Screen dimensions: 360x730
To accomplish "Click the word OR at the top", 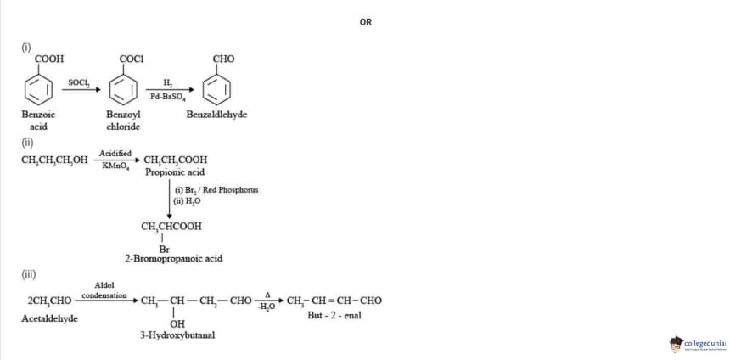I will click(x=366, y=22).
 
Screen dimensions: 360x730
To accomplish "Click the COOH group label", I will click(x=49, y=59).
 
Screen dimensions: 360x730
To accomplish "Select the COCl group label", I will click(x=132, y=59).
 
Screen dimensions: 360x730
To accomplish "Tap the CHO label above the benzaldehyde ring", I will click(x=223, y=59).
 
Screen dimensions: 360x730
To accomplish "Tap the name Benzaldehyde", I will click(x=216, y=115).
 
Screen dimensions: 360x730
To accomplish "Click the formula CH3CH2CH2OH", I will click(x=54, y=160).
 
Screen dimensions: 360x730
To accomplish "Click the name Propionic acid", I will click(x=174, y=172).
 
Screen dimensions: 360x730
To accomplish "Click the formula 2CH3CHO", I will click(x=49, y=301).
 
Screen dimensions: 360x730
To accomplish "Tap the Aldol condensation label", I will click(x=104, y=290).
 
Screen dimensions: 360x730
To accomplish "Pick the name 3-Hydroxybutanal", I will click(x=177, y=335).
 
